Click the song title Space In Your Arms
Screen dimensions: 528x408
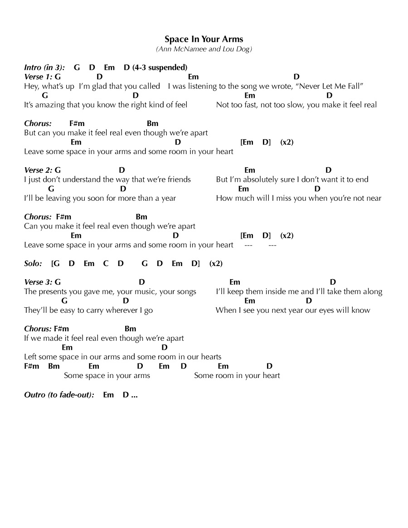click(x=204, y=39)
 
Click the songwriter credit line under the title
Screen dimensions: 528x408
click(x=204, y=49)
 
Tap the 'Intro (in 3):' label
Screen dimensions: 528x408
click(x=44, y=68)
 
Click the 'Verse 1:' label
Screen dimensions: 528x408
click(x=39, y=77)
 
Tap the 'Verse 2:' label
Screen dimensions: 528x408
click(x=39, y=170)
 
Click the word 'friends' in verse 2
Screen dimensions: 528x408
click(x=179, y=179)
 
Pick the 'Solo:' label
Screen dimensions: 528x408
click(x=33, y=263)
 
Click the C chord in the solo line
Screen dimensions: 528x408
click(x=106, y=263)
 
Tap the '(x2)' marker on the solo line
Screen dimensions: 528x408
click(x=216, y=263)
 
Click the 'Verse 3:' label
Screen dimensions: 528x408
click(x=39, y=282)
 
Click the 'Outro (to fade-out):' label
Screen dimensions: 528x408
click(x=59, y=395)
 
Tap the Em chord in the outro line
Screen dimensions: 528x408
click(x=108, y=395)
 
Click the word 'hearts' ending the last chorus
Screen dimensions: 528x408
click(x=210, y=357)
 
